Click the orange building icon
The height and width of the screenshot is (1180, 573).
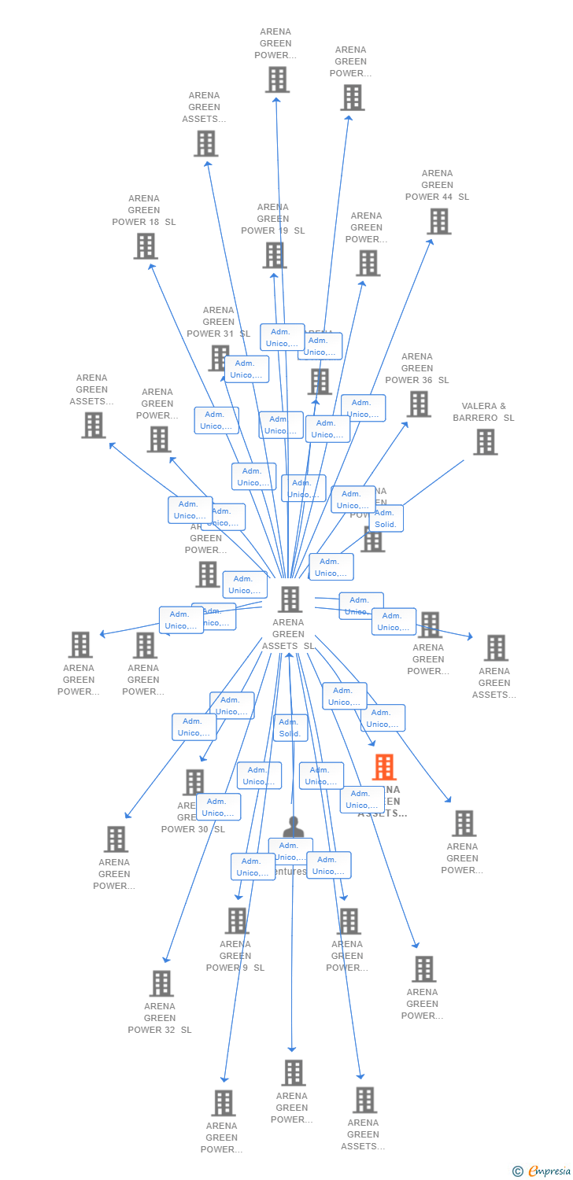coord(384,767)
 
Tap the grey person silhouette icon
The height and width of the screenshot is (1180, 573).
coord(293,827)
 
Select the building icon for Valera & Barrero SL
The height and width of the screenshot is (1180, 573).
coord(485,442)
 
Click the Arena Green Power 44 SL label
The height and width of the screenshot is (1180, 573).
coord(437,185)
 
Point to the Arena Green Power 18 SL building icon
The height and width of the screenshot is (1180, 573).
coord(146,246)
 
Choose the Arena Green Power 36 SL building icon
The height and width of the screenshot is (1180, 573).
coord(419,404)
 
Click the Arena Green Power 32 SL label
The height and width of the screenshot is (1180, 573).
coord(160,1018)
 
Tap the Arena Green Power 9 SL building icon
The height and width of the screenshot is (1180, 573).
coord(237,920)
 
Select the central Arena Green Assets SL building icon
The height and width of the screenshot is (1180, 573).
coord(290,599)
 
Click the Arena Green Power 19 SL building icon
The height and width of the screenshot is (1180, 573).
coord(274,255)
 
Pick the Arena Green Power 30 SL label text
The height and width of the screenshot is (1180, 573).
coord(193,828)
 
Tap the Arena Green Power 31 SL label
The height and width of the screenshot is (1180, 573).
coord(218,322)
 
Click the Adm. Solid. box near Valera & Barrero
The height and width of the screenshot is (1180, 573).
coord(385,518)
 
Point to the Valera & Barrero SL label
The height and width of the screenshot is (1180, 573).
coord(483,412)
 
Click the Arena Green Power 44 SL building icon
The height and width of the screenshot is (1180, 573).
coord(439,222)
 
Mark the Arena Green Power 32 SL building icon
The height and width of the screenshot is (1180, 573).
coord(161,983)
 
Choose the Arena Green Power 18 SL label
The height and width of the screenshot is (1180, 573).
coord(144,210)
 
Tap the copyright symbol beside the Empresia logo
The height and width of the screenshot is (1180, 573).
coord(518,1171)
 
